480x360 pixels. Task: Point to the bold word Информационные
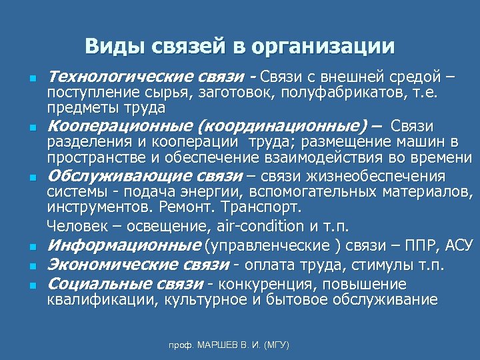coord(124,245)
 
